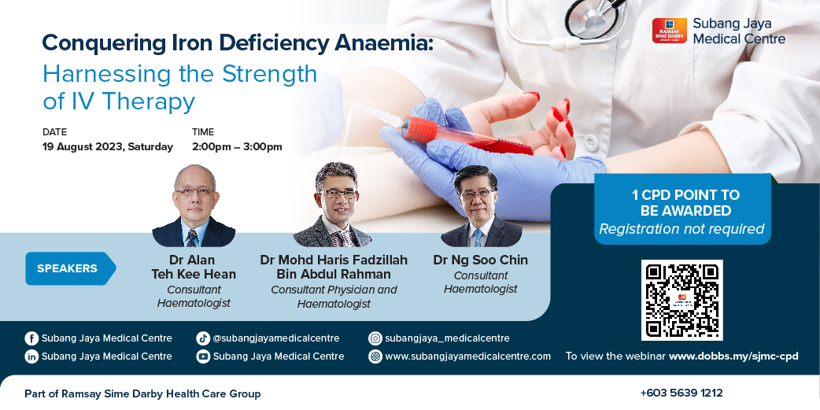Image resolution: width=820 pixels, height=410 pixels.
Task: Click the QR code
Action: point(682,300)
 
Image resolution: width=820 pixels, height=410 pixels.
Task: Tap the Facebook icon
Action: point(31,338)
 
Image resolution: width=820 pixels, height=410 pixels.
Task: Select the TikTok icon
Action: point(203,338)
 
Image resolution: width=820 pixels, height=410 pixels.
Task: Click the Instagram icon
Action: point(375,338)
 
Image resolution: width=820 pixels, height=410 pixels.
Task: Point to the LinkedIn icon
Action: point(31,356)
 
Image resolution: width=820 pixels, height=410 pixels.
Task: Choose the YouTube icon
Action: point(203,356)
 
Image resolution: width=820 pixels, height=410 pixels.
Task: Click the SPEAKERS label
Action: point(67,269)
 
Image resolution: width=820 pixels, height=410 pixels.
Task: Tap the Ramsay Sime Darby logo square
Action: point(670,31)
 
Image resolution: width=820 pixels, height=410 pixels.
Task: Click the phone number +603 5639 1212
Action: point(681,393)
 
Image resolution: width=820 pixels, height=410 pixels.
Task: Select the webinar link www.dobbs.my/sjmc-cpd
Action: point(733,356)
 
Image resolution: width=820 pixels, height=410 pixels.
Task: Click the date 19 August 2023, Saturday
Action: point(108,147)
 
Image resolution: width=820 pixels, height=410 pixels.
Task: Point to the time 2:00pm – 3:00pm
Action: point(237,147)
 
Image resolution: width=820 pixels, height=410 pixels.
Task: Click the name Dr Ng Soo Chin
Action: point(481,260)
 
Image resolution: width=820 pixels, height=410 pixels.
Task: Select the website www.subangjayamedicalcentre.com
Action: point(468,356)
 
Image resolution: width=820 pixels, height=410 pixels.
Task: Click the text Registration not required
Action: point(682,229)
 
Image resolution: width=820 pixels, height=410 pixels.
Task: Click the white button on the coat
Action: point(590,141)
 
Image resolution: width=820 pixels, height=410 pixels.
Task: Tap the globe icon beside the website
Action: point(375,356)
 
